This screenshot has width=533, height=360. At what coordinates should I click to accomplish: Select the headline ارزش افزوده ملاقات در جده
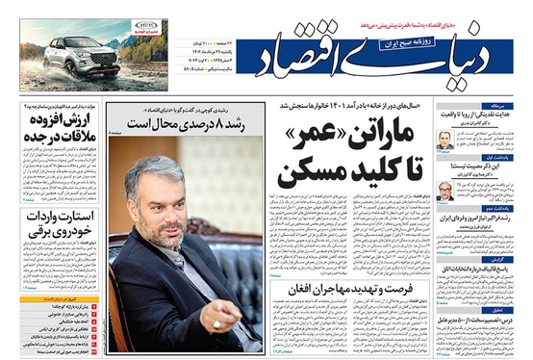point(58,130)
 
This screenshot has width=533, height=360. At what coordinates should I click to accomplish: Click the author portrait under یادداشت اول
point(444,191)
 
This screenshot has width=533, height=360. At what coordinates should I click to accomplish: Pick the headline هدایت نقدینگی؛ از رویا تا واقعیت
point(477,115)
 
